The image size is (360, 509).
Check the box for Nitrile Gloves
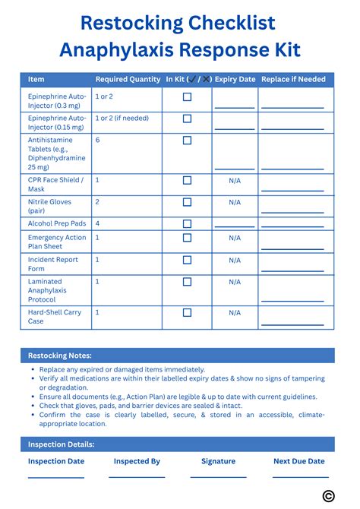pyautogui.click(x=187, y=202)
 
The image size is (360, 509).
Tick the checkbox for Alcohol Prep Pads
pyautogui.click(x=187, y=224)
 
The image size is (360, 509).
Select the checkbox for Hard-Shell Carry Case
pyautogui.click(x=187, y=312)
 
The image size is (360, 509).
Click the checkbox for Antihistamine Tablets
pyautogui.click(x=187, y=141)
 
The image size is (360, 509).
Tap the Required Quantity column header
pyautogui.click(x=128, y=79)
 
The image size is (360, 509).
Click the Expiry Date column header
pyautogui.click(x=235, y=79)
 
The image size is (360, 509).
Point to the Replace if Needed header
pyautogui.click(x=293, y=79)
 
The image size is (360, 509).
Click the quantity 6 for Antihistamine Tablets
pyautogui.click(x=97, y=141)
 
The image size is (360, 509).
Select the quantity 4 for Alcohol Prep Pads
pyautogui.click(x=97, y=224)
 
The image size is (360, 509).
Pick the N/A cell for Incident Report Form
pyautogui.click(x=235, y=260)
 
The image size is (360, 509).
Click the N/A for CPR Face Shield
pyautogui.click(x=235, y=180)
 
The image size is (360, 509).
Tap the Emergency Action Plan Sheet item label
pyautogui.click(x=57, y=242)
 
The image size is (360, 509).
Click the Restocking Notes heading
pyautogui.click(x=60, y=356)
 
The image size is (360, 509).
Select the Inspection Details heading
pyautogui.click(x=62, y=444)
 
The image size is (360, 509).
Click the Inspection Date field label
pyautogui.click(x=56, y=461)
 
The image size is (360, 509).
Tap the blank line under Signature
pyautogui.click(x=218, y=476)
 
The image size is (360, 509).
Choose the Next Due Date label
pyautogui.click(x=298, y=461)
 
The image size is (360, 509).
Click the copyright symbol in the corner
pyautogui.click(x=328, y=495)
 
